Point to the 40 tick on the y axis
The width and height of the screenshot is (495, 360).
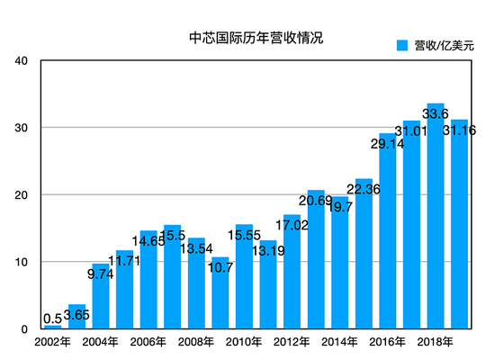[22, 61]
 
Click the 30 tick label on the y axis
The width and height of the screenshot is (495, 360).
[22, 128]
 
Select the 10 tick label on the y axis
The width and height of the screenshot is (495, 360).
[22, 262]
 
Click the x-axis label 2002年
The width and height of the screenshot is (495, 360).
[52, 343]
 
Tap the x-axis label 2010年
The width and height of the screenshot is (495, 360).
[244, 343]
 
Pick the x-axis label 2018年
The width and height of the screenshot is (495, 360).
[436, 343]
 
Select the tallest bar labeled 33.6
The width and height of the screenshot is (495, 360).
[436, 225]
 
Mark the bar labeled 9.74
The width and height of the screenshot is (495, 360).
[101, 297]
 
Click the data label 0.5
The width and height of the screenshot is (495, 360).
[52, 318]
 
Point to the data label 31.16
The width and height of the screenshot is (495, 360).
[459, 130]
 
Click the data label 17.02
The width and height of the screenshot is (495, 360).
[292, 225]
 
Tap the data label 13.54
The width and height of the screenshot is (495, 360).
[196, 248]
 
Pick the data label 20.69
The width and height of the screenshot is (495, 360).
[316, 200]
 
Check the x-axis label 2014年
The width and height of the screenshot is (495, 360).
[340, 343]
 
